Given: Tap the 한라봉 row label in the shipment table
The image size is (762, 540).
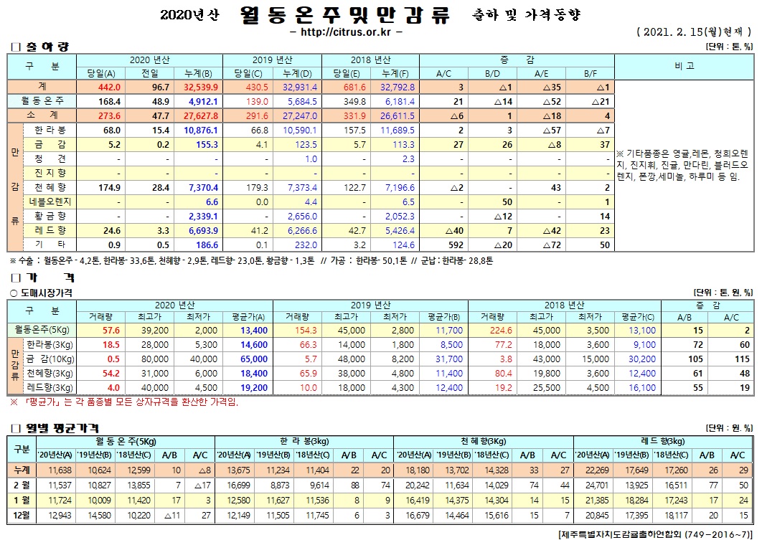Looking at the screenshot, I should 50,131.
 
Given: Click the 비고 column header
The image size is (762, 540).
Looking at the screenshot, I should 684,65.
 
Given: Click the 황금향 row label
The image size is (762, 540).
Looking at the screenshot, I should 50,216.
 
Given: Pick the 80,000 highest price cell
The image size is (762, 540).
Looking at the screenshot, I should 141,359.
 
